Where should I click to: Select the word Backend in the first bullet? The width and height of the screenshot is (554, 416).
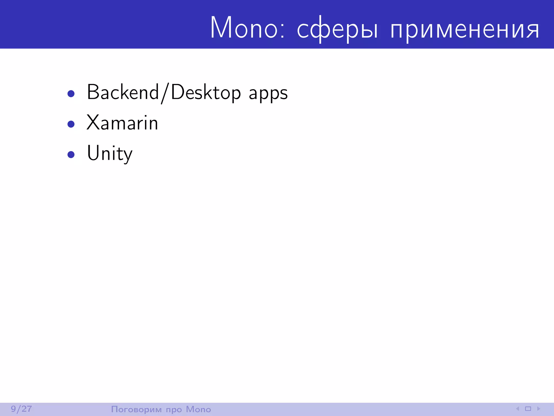[x=123, y=92]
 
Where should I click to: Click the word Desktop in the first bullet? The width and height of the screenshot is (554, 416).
[x=206, y=93]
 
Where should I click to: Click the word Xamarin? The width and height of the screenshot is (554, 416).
[x=122, y=123]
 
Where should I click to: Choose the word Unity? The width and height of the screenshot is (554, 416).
[x=110, y=154]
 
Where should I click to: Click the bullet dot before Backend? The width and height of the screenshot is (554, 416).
[x=71, y=94]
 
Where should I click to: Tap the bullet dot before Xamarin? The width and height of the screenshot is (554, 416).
[x=71, y=124]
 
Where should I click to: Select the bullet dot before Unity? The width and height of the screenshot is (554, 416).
[x=71, y=154]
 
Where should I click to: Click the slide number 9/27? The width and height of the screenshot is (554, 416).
[x=21, y=409]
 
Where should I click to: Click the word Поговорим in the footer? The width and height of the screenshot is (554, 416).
[x=136, y=409]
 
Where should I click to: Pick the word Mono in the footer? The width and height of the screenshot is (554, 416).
[x=198, y=409]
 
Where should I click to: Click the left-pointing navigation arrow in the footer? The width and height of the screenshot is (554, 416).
[x=517, y=409]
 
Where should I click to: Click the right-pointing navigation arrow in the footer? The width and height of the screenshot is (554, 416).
[x=539, y=409]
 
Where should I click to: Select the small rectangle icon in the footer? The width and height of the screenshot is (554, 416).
[x=528, y=409]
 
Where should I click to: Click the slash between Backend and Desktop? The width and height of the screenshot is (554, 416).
[x=165, y=93]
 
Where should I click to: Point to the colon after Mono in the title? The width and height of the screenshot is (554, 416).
[x=282, y=30]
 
